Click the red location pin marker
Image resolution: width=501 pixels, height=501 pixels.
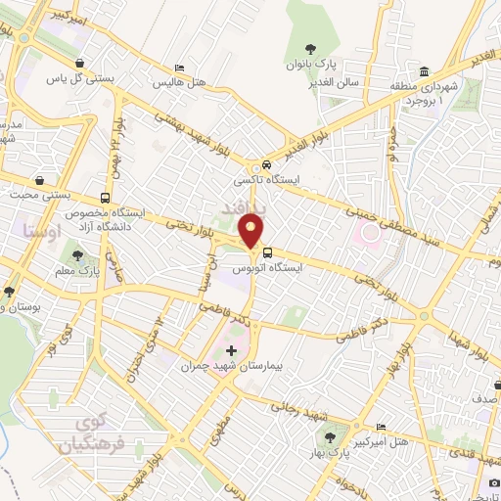pos(252,232)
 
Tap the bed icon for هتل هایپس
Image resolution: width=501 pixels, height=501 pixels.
pos(178,68)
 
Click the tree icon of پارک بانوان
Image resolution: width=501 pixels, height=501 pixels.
pos(310,49)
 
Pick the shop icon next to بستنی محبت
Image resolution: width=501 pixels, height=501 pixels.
pos(39,180)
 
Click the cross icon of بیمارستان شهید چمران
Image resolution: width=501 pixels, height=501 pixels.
pos(231,350)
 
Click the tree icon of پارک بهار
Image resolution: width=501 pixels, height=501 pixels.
pos(339,437)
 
